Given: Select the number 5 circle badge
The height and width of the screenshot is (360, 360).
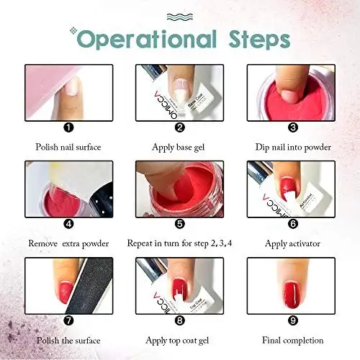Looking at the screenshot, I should pyautogui.click(x=179, y=223).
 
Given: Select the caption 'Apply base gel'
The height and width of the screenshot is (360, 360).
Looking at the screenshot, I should pyautogui.click(x=179, y=148).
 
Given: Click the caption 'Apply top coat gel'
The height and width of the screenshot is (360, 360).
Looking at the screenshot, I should pyautogui.click(x=179, y=340).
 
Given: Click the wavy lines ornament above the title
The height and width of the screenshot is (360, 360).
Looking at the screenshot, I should pyautogui.click(x=180, y=16).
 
